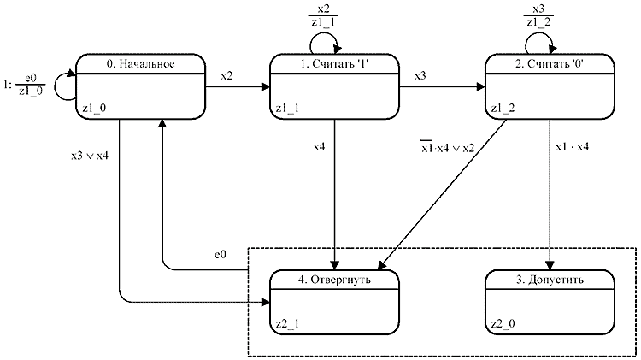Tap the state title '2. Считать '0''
[x=550, y=65]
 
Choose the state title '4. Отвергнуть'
[x=335, y=280]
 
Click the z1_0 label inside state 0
[x=93, y=108]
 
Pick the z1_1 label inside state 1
[x=286, y=108]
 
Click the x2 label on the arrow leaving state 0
[x=226, y=76]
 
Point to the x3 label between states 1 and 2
[x=420, y=76]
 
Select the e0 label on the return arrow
[x=219, y=255]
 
